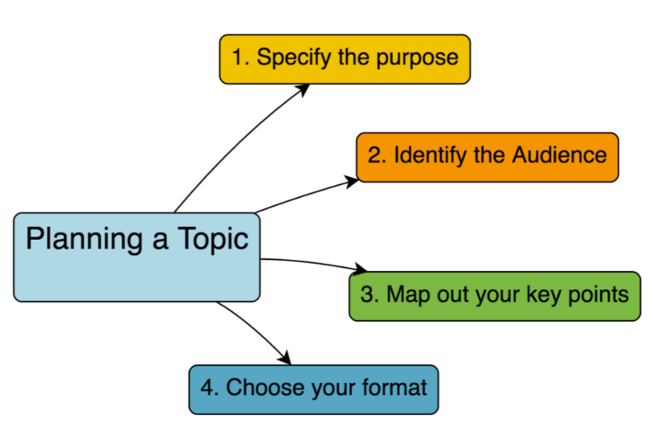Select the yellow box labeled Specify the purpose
[x=345, y=59]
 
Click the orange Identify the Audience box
[x=488, y=156]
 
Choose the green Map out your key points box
[x=495, y=296]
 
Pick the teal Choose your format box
[x=313, y=389]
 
